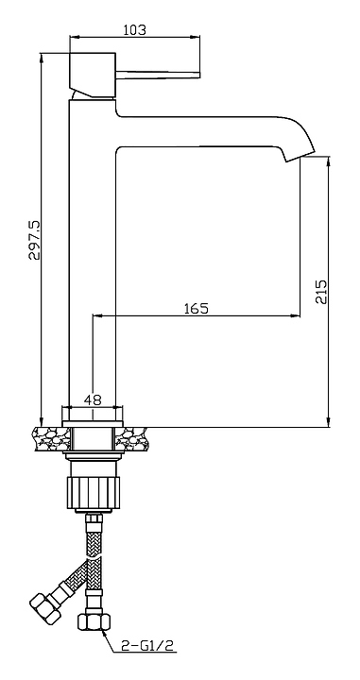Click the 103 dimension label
[135, 30]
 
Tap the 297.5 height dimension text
[34, 239]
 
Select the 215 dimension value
[321, 292]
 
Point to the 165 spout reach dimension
[197, 308]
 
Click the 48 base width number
[93, 399]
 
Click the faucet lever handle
[158, 74]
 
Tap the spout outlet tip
[300, 157]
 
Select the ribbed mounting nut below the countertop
[94, 493]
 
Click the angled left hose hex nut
[44, 608]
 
